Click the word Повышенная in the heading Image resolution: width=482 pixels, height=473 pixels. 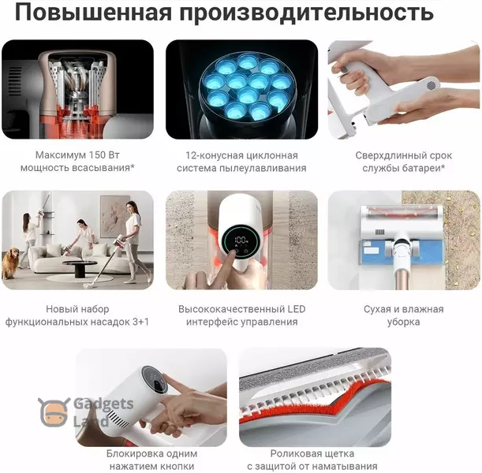pos(94,13)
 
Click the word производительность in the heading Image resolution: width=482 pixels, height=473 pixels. pos(307,13)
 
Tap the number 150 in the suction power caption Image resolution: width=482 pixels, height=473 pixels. pos(97,155)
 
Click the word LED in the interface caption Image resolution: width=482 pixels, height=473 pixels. pos(297,309)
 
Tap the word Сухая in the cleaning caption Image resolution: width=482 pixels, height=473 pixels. pos(376,309)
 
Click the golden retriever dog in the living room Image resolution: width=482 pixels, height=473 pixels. pos(10,263)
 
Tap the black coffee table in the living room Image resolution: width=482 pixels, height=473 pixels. pos(80,267)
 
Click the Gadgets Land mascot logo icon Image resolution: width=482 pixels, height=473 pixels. pos(54,412)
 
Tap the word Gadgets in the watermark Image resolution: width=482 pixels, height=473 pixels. pos(103,404)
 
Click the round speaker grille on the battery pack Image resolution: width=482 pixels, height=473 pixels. pos(432,85)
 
